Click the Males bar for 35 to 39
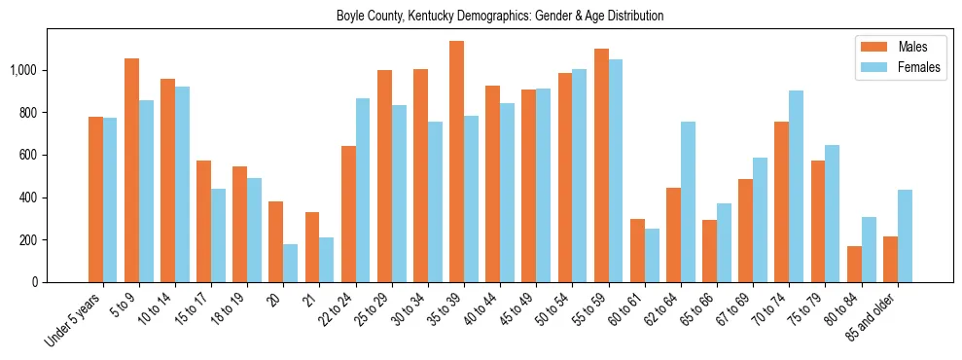(456, 162)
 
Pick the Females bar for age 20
(290, 263)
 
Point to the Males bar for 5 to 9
(131, 170)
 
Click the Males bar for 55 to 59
(601, 165)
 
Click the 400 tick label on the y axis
(35, 198)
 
